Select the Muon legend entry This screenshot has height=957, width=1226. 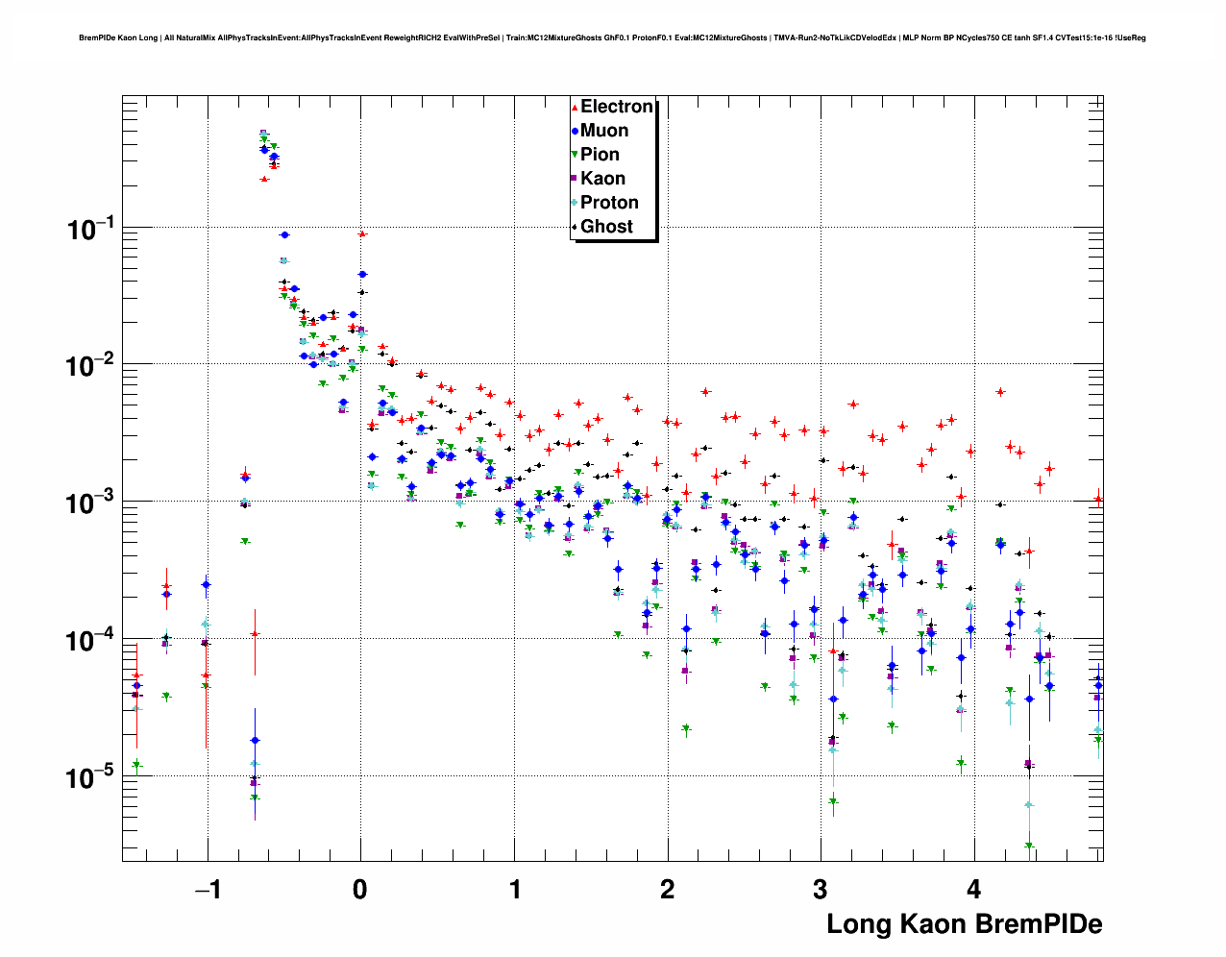[604, 131]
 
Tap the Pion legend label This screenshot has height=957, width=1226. [601, 155]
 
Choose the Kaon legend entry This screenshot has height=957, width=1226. [602, 179]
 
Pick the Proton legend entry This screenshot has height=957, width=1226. [609, 203]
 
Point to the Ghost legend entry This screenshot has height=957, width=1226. [606, 227]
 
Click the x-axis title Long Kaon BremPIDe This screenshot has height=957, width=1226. [964, 924]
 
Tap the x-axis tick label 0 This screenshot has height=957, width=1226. [360, 890]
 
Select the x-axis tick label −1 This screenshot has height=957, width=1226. [207, 890]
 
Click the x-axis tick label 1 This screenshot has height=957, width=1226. [515, 890]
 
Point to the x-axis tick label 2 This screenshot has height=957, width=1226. [668, 890]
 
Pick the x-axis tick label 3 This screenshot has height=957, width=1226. [821, 890]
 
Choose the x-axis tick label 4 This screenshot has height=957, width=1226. [974, 890]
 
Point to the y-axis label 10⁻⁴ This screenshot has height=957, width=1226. [90, 640]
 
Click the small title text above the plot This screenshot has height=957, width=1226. [612, 38]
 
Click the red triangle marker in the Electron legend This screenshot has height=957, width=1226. [575, 108]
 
